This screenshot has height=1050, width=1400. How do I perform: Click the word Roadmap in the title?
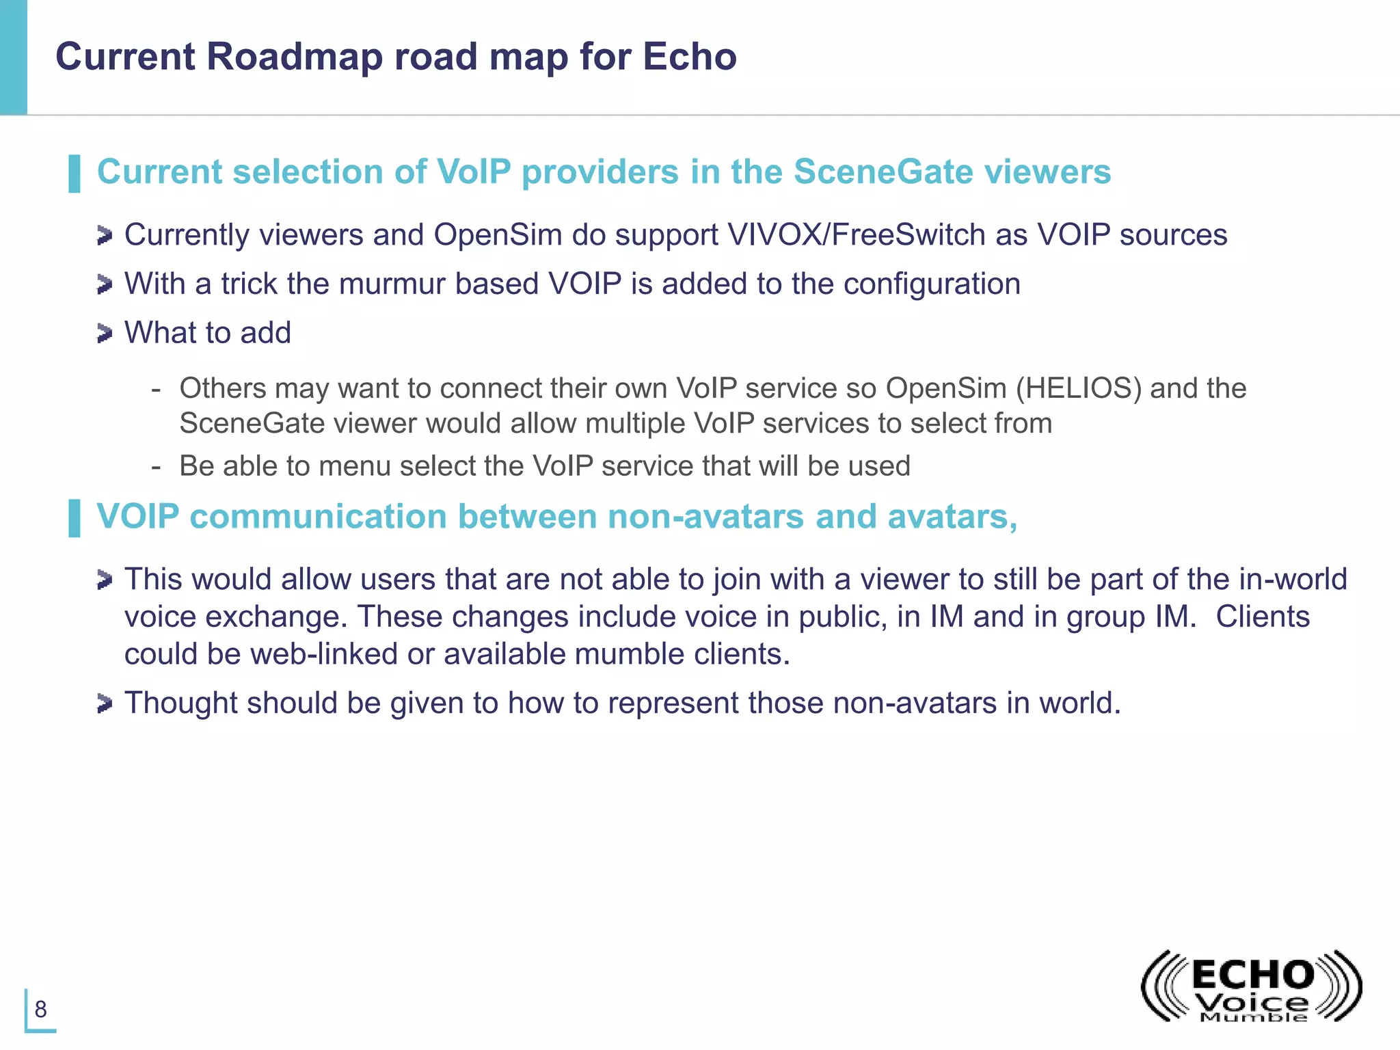[x=294, y=57]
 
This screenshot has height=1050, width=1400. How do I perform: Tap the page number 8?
[x=41, y=1009]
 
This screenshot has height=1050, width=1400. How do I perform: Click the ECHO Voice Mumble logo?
[x=1251, y=987]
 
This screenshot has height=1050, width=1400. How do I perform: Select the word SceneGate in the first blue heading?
[x=883, y=172]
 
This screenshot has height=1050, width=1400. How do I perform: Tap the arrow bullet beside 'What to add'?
[x=104, y=334]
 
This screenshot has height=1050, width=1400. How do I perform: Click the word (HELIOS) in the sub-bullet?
[x=1079, y=388]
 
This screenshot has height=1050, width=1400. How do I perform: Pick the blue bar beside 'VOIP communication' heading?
[x=75, y=518]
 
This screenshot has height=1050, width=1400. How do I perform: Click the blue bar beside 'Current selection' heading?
[x=75, y=174]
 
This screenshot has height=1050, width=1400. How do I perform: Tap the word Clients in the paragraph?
[x=1262, y=617]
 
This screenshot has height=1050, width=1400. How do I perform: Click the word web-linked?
[x=323, y=654]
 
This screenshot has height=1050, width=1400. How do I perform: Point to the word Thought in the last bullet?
[x=180, y=703]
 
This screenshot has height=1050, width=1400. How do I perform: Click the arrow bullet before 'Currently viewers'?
[x=104, y=236]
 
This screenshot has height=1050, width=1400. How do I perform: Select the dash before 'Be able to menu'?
[x=157, y=467]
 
